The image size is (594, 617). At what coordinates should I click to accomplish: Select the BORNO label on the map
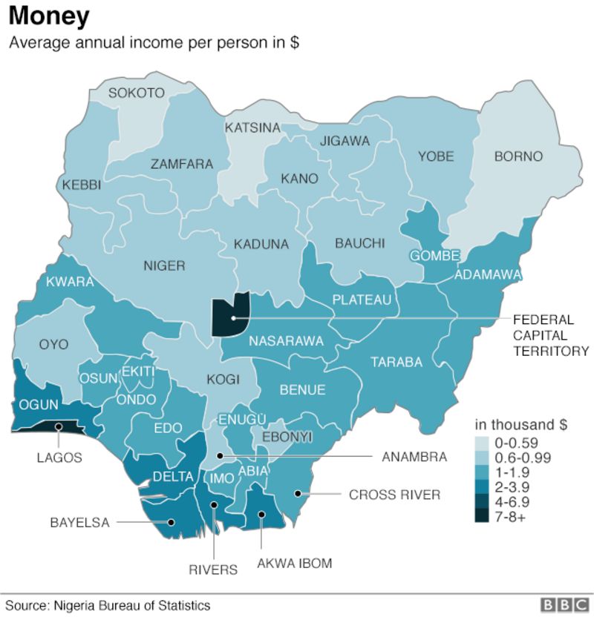tap(518, 156)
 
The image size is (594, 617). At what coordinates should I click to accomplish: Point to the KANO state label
tap(299, 179)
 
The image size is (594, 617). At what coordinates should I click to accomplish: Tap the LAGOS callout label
tap(59, 458)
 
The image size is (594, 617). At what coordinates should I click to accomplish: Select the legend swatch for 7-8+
tap(482, 517)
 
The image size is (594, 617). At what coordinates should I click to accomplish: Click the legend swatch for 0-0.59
tap(482, 443)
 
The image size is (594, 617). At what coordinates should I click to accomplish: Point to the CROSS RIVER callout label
tap(394, 495)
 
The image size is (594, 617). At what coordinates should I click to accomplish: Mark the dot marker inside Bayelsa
tap(172, 521)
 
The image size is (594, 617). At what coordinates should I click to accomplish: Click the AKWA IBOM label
tap(294, 564)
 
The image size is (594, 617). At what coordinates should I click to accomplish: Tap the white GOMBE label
tap(435, 256)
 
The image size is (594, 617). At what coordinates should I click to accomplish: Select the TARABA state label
tap(397, 363)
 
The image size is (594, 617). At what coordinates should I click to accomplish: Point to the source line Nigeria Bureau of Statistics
tap(108, 605)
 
